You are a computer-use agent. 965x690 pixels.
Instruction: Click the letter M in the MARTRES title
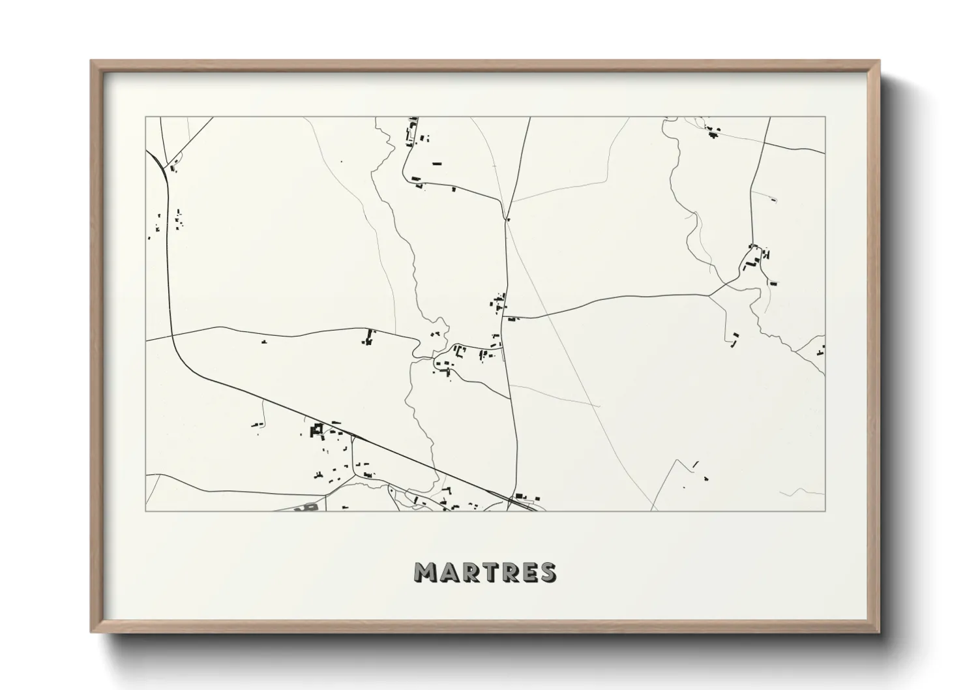(426, 572)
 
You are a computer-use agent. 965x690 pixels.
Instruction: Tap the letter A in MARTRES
(450, 572)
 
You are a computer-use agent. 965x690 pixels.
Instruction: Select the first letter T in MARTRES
(490, 572)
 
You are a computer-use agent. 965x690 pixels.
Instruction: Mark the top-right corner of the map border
(825, 117)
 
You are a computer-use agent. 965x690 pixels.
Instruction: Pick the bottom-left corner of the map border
(146, 511)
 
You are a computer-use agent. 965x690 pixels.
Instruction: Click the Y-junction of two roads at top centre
(507, 218)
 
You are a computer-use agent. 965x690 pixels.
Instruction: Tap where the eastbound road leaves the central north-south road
(507, 318)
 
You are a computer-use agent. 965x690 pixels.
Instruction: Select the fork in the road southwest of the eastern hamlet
(709, 295)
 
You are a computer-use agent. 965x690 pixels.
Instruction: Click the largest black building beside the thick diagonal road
(318, 428)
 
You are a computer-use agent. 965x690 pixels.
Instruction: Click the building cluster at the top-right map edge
(712, 131)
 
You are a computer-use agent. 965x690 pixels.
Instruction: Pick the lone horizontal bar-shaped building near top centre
(436, 163)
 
